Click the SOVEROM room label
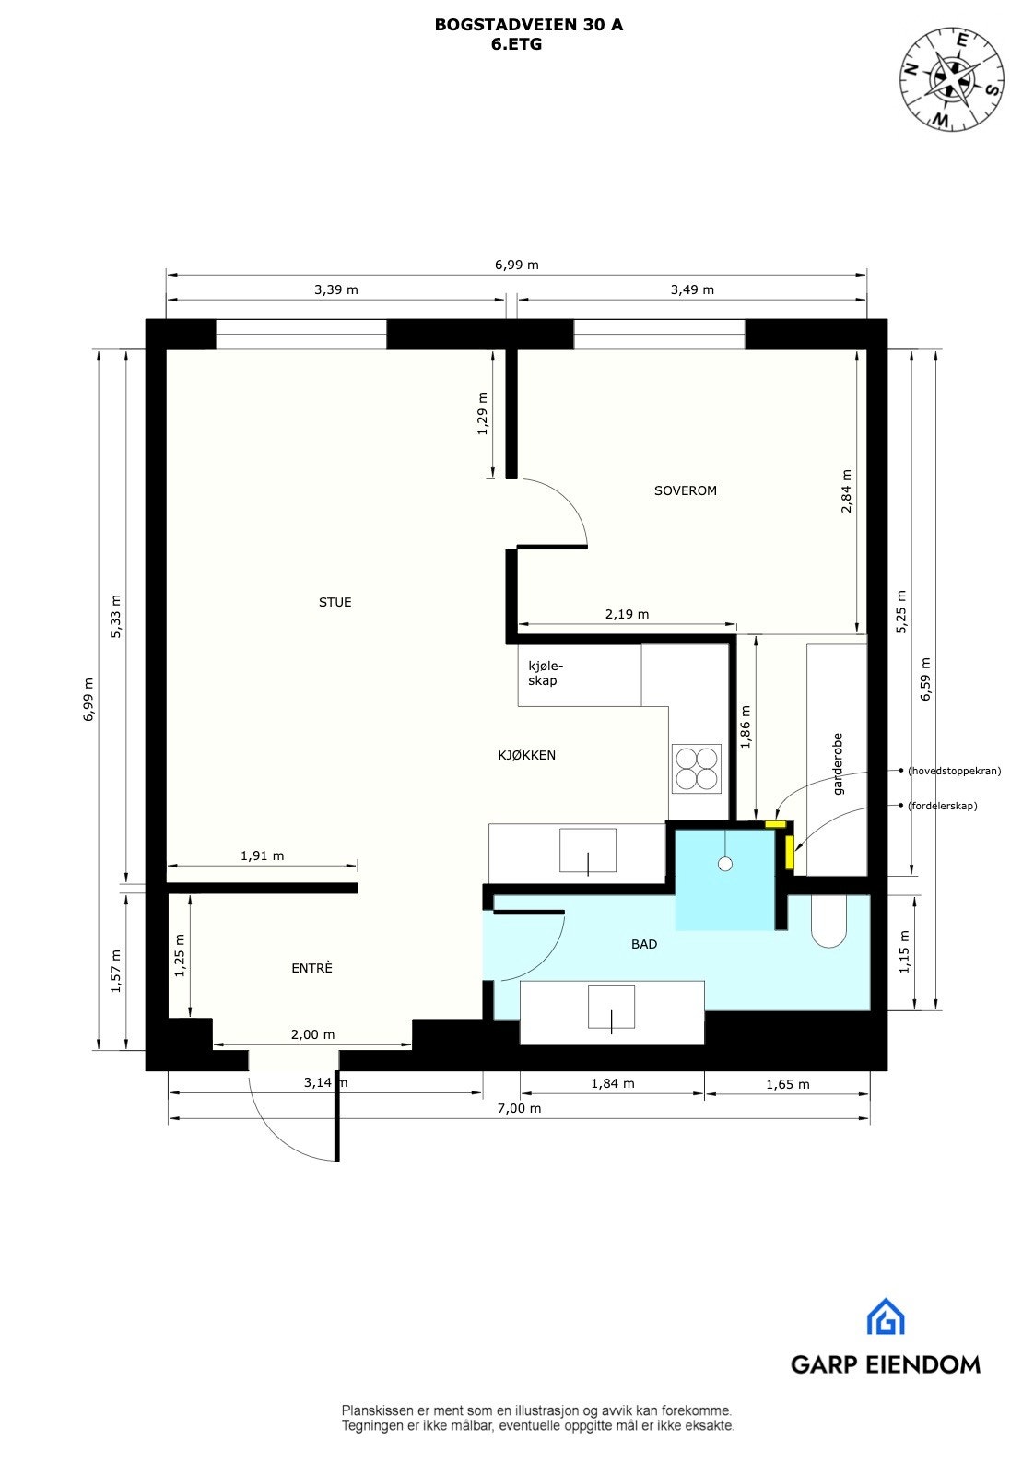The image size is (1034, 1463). [x=685, y=490]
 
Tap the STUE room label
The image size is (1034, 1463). [x=335, y=602]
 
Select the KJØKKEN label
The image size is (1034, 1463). [x=526, y=755]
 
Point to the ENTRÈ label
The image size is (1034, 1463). [x=311, y=968]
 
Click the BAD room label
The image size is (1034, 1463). [x=644, y=944]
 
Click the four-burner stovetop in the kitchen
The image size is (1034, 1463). [x=696, y=769]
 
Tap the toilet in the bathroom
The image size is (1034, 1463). [x=828, y=922]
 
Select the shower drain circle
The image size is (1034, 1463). [x=725, y=864]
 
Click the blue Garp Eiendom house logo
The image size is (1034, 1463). [x=886, y=1317]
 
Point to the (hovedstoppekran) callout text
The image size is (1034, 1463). [x=954, y=771]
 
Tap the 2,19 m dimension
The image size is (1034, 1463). [x=627, y=614]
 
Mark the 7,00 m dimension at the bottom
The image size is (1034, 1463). [x=519, y=1108]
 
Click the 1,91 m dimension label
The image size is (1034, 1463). [x=262, y=855]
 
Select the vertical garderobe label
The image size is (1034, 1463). [x=838, y=763]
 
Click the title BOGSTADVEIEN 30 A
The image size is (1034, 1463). [x=528, y=25]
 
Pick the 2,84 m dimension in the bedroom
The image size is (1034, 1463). [x=847, y=490]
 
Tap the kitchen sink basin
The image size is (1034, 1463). [x=588, y=850]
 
